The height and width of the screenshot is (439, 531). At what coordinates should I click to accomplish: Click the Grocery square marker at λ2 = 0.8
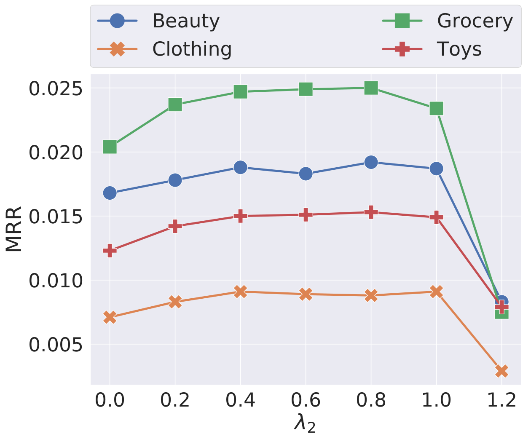point(371,88)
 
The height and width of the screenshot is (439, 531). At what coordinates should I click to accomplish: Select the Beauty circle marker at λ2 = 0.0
point(110,193)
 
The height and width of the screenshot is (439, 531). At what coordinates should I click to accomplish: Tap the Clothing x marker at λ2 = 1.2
point(502,371)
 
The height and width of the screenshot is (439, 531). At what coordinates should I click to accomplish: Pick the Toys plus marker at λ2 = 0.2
point(175,226)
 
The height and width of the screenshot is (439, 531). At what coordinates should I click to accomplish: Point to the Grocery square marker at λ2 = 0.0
point(110,147)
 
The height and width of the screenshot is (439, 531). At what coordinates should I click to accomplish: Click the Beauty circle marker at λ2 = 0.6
point(306,174)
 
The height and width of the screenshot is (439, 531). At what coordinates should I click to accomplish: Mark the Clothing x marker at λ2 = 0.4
point(240,291)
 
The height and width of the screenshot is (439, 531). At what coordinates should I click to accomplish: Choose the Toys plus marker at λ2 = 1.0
point(437,217)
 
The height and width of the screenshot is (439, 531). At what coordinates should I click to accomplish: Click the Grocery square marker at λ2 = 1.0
point(437,109)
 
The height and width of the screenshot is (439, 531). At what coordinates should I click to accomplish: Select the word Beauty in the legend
point(186,21)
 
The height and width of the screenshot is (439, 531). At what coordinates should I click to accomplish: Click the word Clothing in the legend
point(192,49)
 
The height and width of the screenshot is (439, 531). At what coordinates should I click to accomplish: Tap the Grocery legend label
point(475,21)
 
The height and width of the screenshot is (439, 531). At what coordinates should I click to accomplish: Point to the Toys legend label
point(459,49)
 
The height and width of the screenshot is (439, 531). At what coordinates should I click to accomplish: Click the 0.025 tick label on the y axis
point(56,89)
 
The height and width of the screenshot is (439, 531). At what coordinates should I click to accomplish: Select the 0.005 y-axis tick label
point(56,345)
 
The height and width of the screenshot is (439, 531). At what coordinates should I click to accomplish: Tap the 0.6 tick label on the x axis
point(306,400)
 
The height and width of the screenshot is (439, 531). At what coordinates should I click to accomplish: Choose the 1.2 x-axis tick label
point(501,400)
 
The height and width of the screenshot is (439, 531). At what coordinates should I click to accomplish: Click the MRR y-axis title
point(14,229)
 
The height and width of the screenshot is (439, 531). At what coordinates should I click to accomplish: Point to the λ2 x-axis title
point(305,424)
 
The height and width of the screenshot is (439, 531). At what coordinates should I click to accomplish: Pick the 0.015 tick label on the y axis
point(56,217)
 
